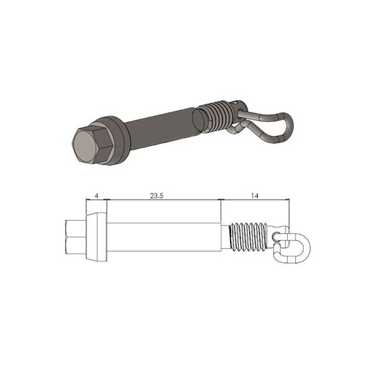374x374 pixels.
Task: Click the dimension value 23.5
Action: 155,196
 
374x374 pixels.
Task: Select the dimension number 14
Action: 254,196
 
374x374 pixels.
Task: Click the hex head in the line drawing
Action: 75,236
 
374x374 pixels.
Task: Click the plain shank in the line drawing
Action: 164,236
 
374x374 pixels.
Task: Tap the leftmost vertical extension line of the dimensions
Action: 86,208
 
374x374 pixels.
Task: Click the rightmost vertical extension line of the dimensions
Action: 290,212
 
